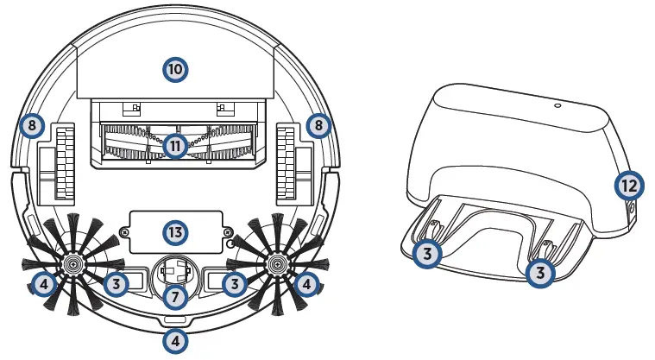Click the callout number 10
[176, 69]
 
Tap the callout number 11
[176, 146]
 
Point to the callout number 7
[176, 296]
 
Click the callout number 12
[629, 184]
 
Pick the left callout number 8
[31, 126]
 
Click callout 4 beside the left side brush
[44, 282]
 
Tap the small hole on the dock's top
[557, 105]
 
